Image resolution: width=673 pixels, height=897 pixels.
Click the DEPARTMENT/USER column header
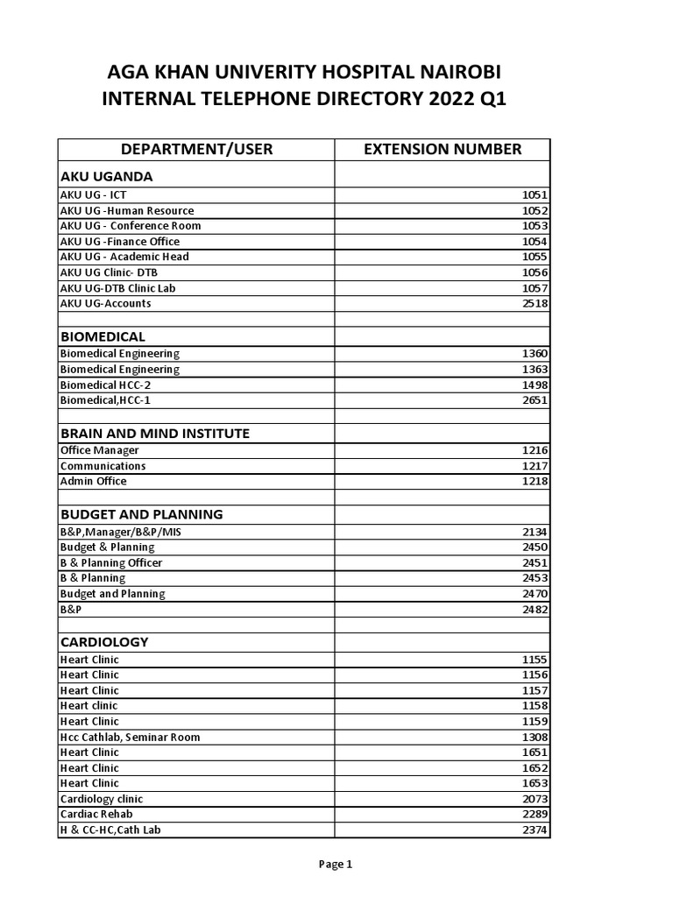(x=196, y=149)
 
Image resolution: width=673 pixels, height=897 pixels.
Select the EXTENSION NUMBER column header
(x=442, y=149)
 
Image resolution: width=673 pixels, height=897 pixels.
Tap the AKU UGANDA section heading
(x=106, y=176)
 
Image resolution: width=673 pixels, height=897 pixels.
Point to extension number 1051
(x=535, y=195)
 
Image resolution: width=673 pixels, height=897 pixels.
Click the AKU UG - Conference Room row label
(x=130, y=226)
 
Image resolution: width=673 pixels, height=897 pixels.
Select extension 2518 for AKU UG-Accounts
(x=535, y=304)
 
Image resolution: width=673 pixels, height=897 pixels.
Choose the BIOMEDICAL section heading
(x=103, y=336)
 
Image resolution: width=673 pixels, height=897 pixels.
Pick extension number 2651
(x=535, y=400)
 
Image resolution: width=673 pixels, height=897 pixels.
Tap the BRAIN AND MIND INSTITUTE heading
(x=154, y=433)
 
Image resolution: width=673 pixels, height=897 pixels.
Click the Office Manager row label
(x=99, y=450)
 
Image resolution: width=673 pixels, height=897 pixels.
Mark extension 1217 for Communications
(x=535, y=466)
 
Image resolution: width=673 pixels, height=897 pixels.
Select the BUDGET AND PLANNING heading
(x=141, y=514)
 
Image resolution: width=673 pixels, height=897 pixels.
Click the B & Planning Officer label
(x=110, y=563)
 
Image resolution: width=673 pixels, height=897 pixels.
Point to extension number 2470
(x=535, y=594)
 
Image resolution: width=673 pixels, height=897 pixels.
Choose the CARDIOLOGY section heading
(x=103, y=642)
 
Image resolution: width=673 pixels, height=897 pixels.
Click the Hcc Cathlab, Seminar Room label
(x=130, y=738)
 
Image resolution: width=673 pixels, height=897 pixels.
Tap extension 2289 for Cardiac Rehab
(x=535, y=815)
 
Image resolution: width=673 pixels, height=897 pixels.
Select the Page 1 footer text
(x=336, y=865)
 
